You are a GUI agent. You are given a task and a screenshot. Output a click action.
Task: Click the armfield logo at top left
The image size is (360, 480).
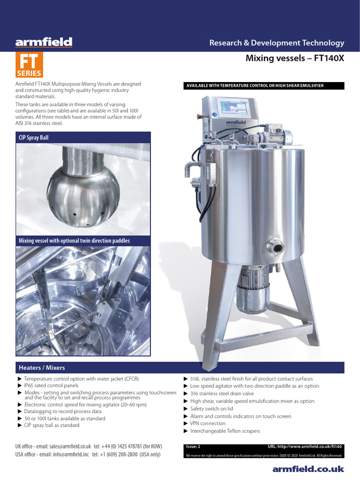tap(44, 43)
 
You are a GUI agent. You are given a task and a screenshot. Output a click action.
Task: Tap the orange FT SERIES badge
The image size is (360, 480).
tap(30, 65)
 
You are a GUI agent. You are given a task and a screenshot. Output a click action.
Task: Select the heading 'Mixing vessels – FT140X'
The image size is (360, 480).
tap(295, 59)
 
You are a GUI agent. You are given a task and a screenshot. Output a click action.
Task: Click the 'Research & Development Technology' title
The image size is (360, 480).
tap(277, 43)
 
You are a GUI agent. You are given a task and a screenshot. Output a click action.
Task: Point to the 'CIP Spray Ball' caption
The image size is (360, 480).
tap(34, 138)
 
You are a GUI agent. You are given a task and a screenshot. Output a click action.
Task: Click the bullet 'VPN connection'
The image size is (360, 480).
tap(208, 423)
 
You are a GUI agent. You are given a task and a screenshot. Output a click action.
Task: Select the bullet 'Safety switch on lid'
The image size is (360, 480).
tap(211, 409)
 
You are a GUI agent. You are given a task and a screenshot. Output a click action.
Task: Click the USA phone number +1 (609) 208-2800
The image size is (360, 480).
tap(126, 454)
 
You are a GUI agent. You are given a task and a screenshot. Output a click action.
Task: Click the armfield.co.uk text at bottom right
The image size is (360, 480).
tap(308, 469)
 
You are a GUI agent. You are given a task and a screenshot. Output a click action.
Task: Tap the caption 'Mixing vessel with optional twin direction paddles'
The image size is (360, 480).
tap(74, 240)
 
